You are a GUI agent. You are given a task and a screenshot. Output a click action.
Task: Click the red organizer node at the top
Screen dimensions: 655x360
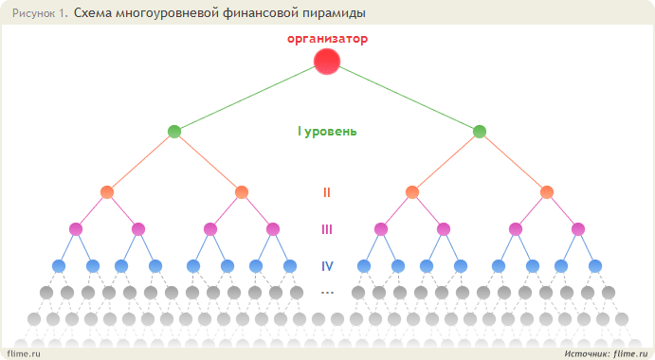pos(327,62)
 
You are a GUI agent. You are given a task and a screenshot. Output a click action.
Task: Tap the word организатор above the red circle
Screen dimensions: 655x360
pos(328,39)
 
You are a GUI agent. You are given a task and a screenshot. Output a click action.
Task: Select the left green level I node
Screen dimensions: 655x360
pos(174,132)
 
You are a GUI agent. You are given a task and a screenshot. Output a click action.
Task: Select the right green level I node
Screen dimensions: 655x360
pos(480,132)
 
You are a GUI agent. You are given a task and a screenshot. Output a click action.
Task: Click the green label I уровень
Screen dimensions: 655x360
pos(327,132)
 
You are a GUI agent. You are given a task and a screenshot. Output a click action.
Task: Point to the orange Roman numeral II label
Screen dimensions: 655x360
pos(327,192)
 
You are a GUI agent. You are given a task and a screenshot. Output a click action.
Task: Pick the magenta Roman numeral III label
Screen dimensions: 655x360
pos(327,229)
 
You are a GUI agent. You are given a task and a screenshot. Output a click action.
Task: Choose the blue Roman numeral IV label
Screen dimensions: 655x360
pos(327,266)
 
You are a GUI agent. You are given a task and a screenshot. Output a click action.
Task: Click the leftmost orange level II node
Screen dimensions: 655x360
pos(107,192)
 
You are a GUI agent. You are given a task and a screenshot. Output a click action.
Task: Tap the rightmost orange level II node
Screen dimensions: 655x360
pos(547,192)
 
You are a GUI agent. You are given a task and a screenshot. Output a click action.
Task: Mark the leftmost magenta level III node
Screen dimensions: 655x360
pos(76,229)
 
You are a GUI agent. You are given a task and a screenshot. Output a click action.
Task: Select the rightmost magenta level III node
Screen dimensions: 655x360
pos(578,229)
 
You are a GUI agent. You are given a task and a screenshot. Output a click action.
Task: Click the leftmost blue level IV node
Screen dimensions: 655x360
pos(59,266)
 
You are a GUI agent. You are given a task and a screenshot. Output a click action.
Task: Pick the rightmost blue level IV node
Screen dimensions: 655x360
pos(595,266)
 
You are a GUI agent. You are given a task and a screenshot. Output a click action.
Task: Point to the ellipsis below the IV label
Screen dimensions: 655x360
pos(327,293)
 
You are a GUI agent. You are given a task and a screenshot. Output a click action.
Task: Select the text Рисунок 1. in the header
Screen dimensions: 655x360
pos(40,13)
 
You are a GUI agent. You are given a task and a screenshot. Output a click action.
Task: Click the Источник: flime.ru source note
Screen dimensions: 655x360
pos(606,353)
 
